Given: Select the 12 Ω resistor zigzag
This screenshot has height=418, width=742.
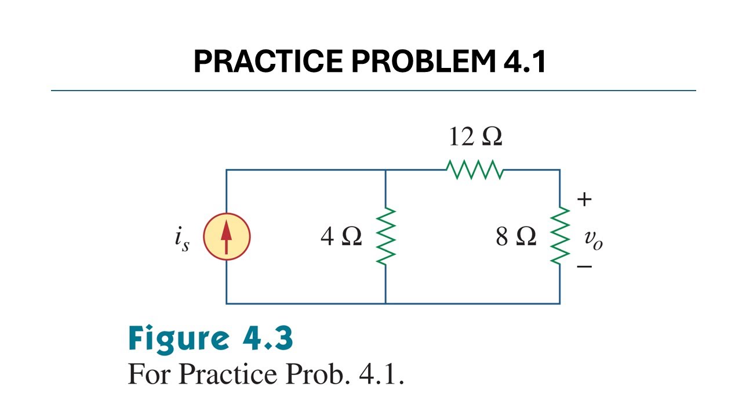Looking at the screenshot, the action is [475, 170].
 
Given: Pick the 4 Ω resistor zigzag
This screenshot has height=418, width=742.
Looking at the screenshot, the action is [386, 236].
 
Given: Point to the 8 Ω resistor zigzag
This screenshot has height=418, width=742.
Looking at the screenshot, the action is [560, 236].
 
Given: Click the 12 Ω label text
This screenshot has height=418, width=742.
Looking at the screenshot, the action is [476, 136].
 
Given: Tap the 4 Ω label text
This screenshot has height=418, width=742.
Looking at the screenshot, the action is [341, 236].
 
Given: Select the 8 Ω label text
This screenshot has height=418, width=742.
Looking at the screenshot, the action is [516, 236].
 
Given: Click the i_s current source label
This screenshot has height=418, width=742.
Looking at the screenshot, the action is [182, 239].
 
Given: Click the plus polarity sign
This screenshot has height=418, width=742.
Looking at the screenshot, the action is [584, 199].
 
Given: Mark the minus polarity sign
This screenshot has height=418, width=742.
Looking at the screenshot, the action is [584, 266].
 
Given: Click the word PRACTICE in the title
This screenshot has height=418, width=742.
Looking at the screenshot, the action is [268, 61].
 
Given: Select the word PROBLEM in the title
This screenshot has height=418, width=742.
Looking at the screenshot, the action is [424, 61].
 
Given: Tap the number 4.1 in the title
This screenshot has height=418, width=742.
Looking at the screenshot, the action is [525, 61].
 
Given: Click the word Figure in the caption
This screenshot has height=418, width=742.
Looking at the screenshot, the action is [179, 339].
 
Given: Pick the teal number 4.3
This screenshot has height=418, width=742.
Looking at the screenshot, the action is [268, 338].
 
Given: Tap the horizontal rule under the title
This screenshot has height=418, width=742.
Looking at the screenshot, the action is [373, 90].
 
